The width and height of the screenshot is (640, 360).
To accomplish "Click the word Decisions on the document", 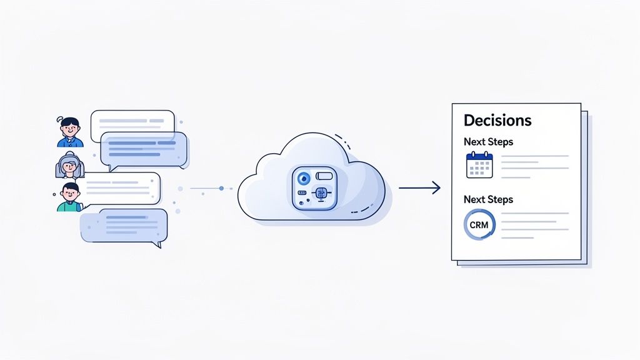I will click(x=497, y=120).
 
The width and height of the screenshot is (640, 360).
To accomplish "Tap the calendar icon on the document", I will click(x=479, y=166).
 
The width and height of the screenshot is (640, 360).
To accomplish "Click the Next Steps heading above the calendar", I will click(x=488, y=142).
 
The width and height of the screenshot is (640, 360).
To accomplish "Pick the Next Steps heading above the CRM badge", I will click(x=488, y=199).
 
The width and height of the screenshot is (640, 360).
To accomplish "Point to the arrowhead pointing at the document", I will click(x=437, y=187).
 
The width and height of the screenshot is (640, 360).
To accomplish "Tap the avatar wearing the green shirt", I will click(x=69, y=197).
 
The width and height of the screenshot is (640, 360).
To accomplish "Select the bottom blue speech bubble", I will click(x=123, y=226).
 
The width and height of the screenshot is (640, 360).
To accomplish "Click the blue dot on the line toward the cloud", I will click(x=221, y=187).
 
